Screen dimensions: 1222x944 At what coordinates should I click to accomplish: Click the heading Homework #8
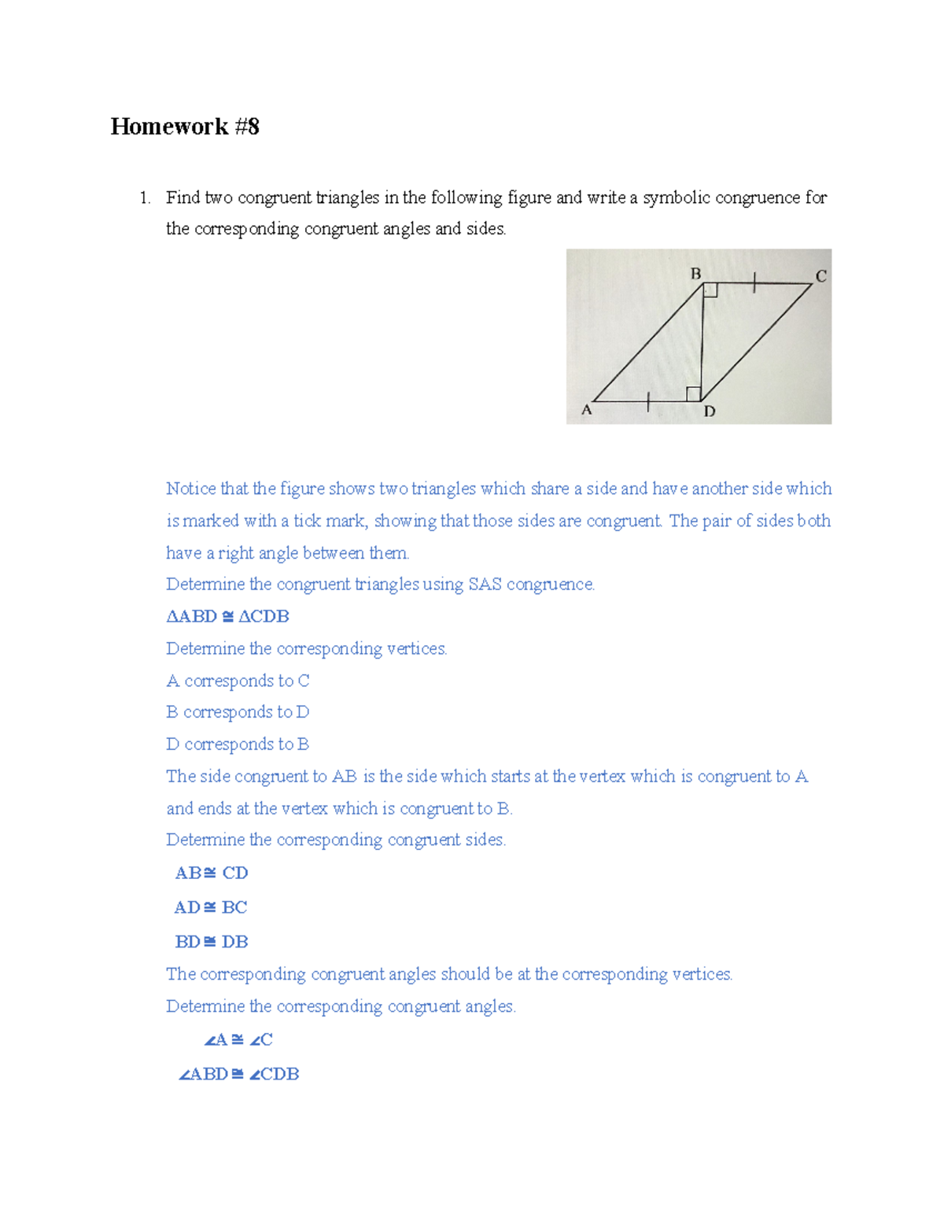tap(185, 127)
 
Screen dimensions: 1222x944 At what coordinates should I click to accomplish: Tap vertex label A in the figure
tap(586, 409)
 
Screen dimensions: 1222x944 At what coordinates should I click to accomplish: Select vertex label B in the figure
tap(695, 274)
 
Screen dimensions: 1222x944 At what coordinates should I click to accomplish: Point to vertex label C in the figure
tap(820, 276)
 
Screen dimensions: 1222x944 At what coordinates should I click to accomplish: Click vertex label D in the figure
tap(710, 412)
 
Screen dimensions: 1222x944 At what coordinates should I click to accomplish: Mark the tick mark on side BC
tap(754, 282)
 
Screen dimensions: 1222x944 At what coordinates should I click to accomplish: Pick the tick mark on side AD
tap(647, 401)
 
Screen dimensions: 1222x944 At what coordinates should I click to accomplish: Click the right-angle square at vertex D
tap(693, 393)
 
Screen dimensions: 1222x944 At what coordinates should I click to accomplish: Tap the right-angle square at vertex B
tap(710, 290)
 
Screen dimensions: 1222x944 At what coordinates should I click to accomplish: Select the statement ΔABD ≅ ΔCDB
tap(227, 616)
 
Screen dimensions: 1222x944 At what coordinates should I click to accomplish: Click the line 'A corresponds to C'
tap(238, 681)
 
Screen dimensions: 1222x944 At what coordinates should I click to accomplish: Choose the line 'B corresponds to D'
tap(238, 712)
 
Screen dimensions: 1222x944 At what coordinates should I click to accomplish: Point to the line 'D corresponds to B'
tap(238, 744)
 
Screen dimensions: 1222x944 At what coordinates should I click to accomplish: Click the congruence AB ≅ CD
tap(211, 873)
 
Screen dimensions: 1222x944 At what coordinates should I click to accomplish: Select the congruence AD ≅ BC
tap(210, 907)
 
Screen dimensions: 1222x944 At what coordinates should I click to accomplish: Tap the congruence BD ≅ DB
tap(211, 942)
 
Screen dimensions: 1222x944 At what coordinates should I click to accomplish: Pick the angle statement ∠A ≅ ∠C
tap(238, 1039)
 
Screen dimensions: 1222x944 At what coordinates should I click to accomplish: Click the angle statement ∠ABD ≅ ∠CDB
tap(238, 1074)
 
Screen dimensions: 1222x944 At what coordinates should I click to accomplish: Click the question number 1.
tap(144, 198)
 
